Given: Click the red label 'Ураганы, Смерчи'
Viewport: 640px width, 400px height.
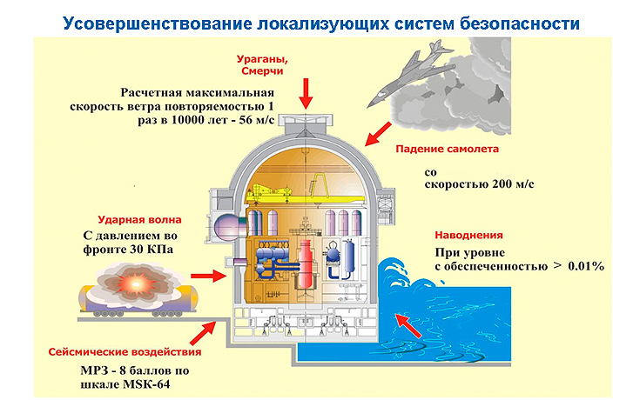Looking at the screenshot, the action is click(262, 65).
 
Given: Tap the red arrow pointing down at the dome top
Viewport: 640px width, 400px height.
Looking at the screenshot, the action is click(306, 94).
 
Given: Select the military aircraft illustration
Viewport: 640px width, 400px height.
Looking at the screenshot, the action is click(409, 72).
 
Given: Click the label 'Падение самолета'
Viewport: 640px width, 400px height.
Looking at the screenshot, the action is click(447, 149).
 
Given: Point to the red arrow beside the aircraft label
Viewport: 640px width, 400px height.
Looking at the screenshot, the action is click(378, 134).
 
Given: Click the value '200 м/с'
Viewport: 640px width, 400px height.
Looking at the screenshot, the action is click(513, 184).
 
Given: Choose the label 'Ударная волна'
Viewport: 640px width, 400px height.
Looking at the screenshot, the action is click(139, 220).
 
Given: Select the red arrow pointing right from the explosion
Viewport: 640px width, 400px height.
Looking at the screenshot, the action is click(208, 277).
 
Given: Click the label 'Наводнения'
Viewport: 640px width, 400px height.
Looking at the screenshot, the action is click(468, 236).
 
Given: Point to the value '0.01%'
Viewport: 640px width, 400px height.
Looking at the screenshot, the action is click(586, 267).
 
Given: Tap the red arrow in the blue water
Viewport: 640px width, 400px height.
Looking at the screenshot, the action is click(408, 326).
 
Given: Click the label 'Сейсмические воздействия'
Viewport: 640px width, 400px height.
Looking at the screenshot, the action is click(125, 352).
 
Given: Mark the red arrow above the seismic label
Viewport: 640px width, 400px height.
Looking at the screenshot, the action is click(202, 333).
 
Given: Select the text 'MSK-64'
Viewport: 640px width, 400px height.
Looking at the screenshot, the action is click(147, 384).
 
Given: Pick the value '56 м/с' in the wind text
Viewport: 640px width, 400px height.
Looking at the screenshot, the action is click(257, 120).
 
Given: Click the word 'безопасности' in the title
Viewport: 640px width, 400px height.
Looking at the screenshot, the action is click(520, 23).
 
